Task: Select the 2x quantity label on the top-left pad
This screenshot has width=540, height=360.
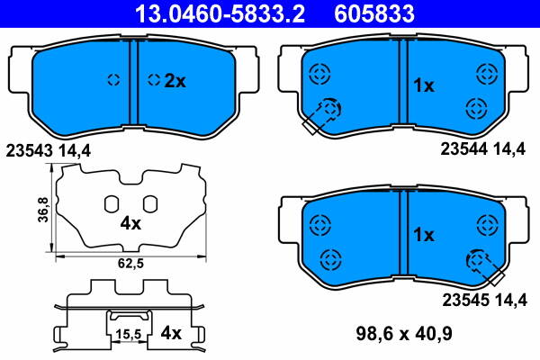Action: (x=174, y=81)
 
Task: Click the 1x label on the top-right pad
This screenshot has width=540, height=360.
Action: (x=423, y=85)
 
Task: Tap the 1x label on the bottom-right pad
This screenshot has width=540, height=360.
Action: (x=423, y=234)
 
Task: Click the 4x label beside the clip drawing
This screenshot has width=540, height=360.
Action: (x=170, y=333)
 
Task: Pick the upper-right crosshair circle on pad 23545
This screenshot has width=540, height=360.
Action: (x=488, y=221)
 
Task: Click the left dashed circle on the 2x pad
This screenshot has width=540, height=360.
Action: (x=113, y=79)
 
